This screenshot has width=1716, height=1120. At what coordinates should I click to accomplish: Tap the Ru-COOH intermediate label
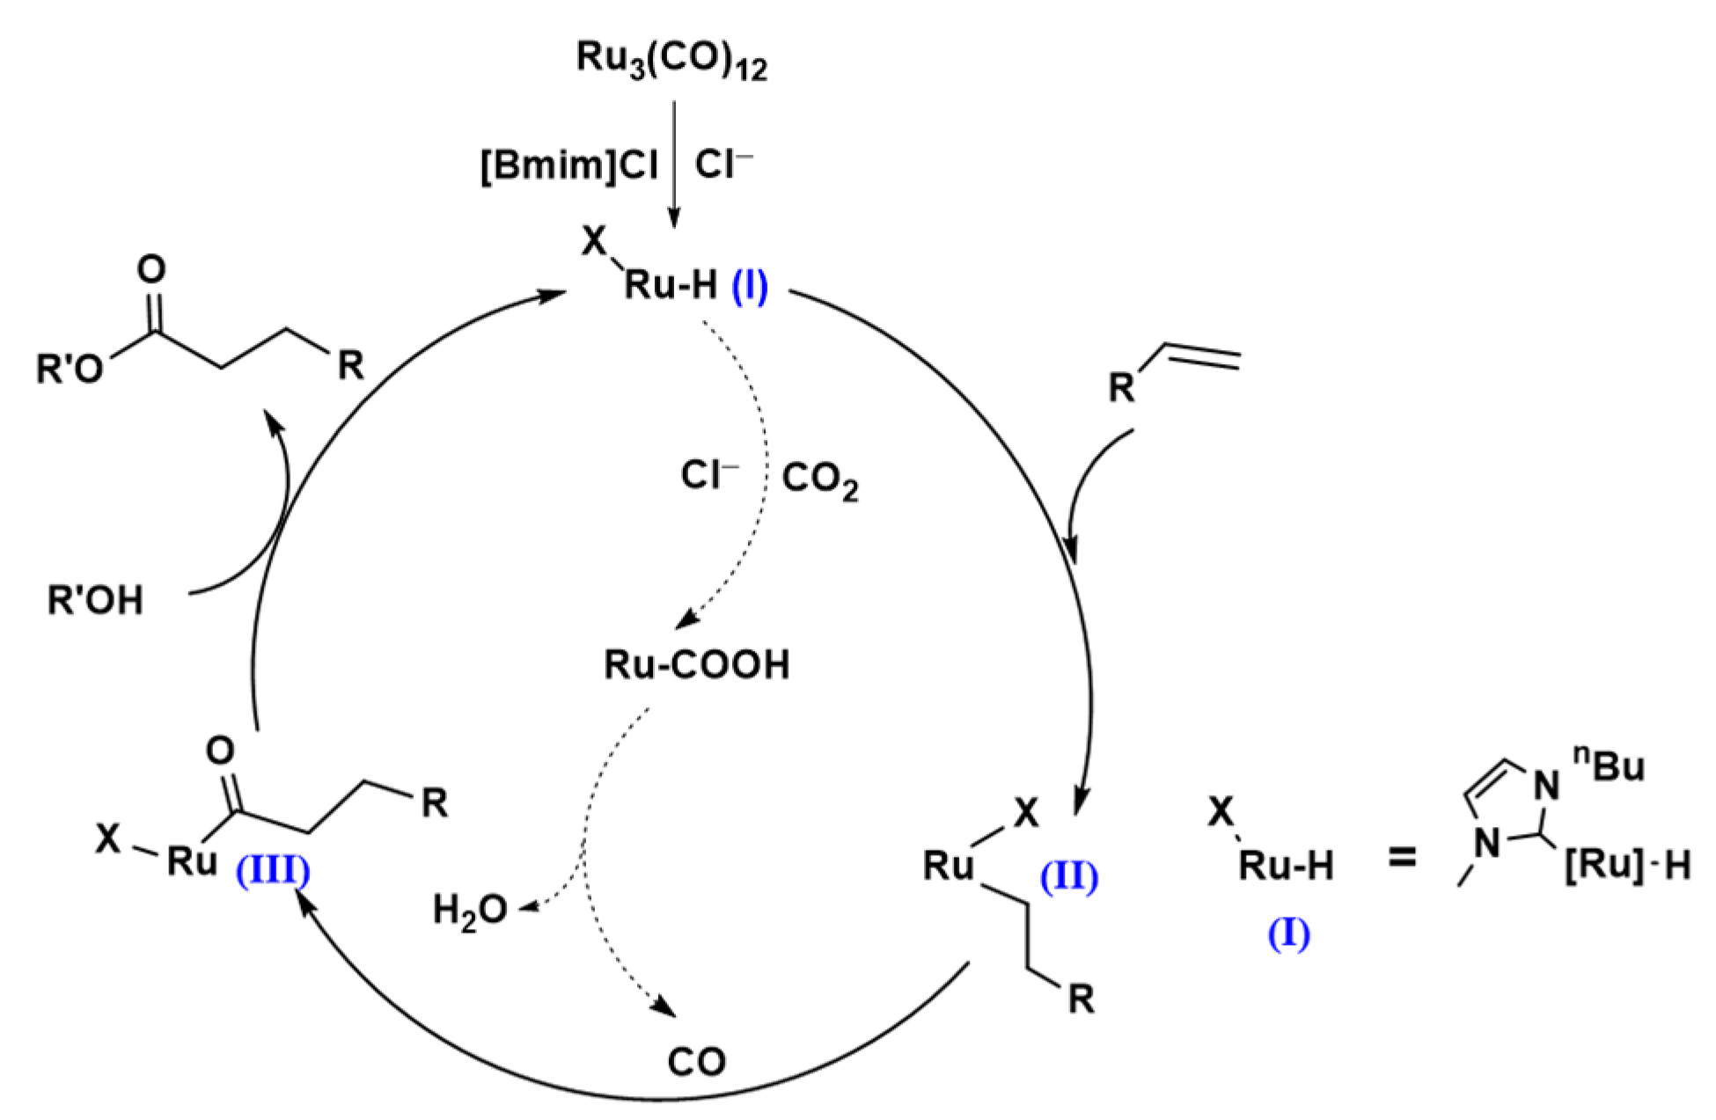[x=696, y=665]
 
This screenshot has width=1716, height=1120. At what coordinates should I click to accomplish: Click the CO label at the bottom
[x=696, y=1062]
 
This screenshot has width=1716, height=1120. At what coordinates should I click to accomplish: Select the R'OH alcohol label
[x=95, y=602]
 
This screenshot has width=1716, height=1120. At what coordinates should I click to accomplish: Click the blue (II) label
[x=1069, y=878]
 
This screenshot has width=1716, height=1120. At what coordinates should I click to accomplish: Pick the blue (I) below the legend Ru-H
[x=1288, y=933]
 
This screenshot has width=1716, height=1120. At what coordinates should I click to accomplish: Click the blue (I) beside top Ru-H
[x=750, y=288]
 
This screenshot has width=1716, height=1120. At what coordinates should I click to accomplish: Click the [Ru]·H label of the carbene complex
[x=1627, y=867]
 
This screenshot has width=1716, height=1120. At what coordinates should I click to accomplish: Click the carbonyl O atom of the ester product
[x=152, y=268]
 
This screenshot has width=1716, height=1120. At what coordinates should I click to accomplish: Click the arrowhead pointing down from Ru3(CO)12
[x=673, y=219]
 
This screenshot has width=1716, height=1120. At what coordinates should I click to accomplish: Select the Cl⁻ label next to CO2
[x=709, y=476]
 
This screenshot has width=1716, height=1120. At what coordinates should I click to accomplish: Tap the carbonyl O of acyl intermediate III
[x=220, y=750]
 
